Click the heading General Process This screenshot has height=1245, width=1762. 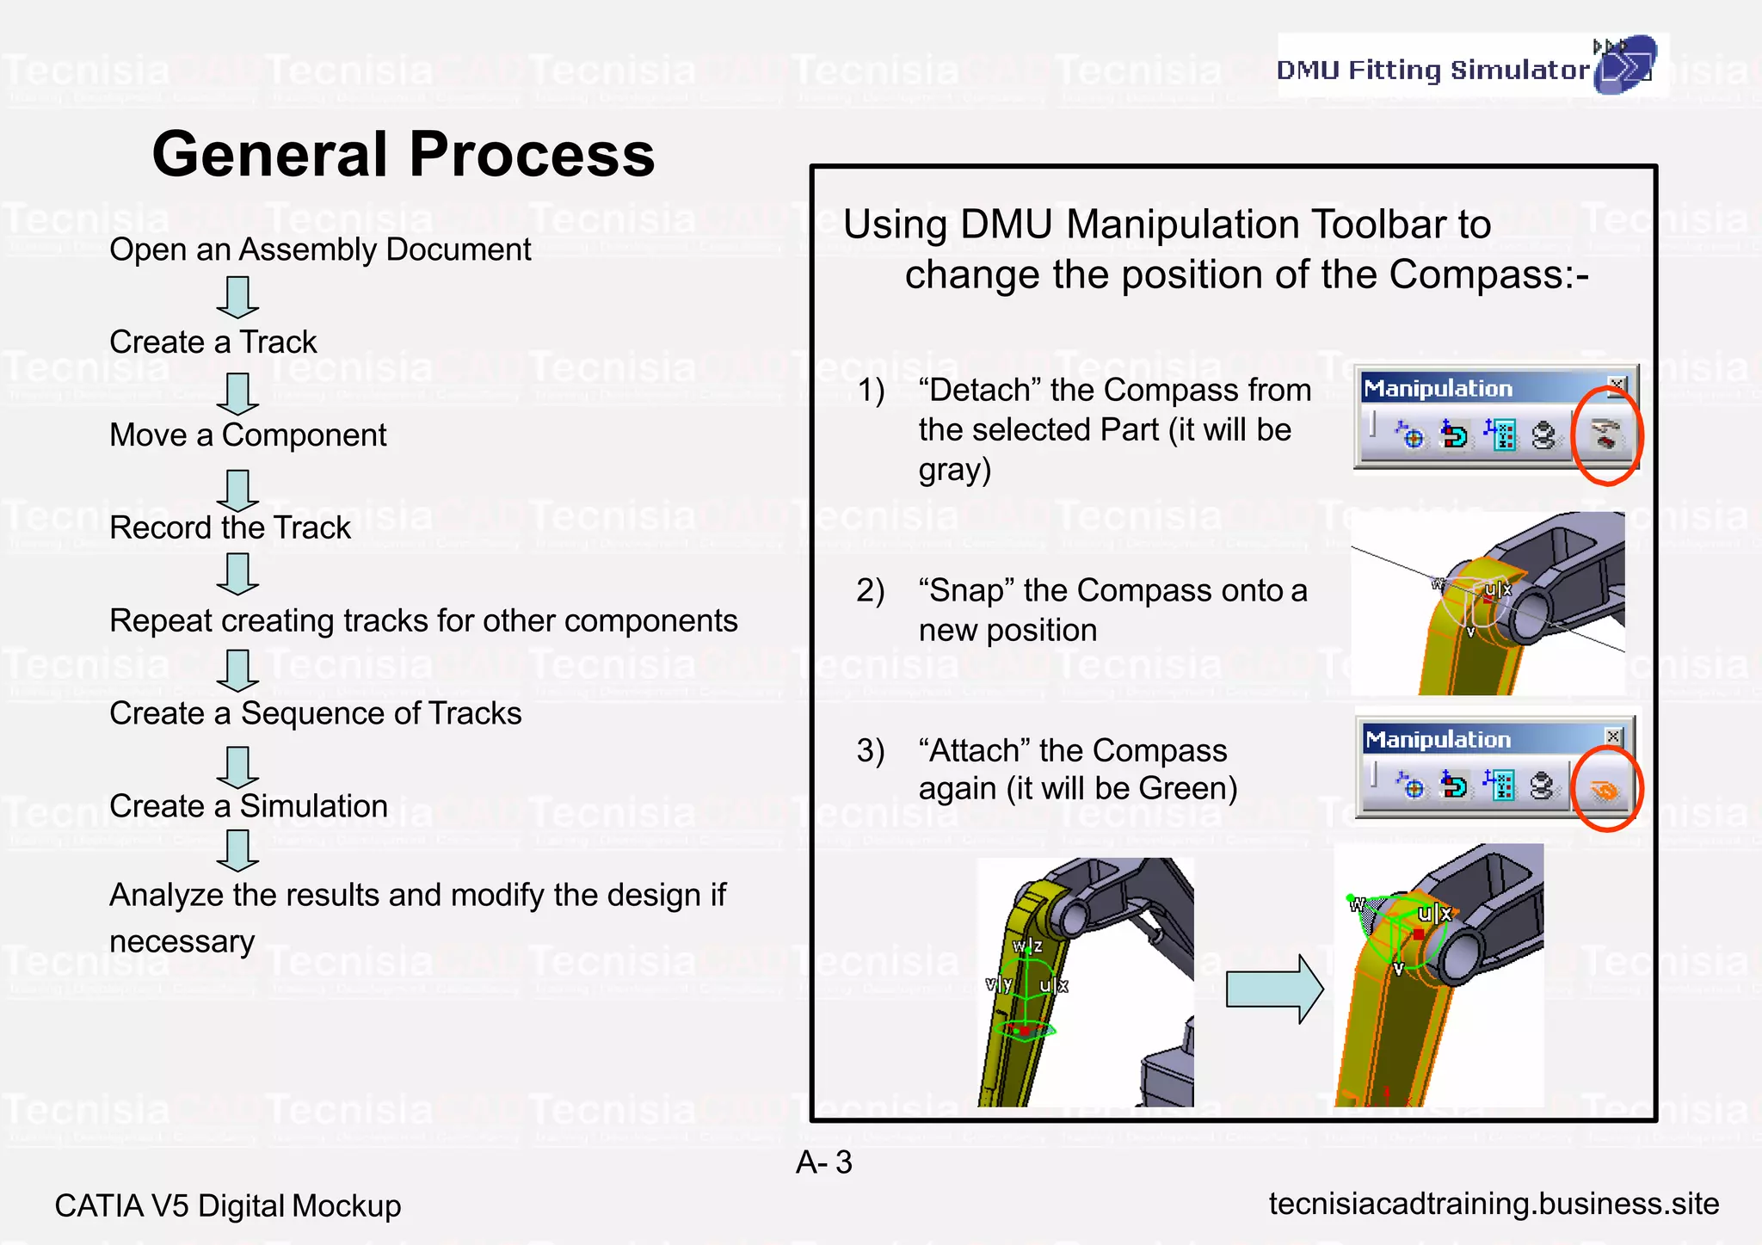coord(403,155)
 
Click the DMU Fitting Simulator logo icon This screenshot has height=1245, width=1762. coord(1623,65)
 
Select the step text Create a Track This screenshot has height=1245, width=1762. coord(213,342)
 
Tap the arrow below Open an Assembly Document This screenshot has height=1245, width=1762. coord(237,297)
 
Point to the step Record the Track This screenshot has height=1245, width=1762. coord(230,527)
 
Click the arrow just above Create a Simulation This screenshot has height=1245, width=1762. coord(237,767)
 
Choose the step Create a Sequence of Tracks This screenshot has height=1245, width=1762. coord(315,713)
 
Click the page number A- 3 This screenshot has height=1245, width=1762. coord(823,1162)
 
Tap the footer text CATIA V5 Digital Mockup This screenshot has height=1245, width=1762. coord(227,1205)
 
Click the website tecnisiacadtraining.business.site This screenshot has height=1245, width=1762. coord(1494,1204)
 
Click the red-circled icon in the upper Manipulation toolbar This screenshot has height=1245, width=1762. coord(1605,435)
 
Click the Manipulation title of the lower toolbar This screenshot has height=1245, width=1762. coord(1438,739)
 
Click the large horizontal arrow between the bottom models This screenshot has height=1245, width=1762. coord(1273,989)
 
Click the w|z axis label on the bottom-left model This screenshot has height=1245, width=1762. coord(1027,946)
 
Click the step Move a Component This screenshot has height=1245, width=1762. coord(248,435)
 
